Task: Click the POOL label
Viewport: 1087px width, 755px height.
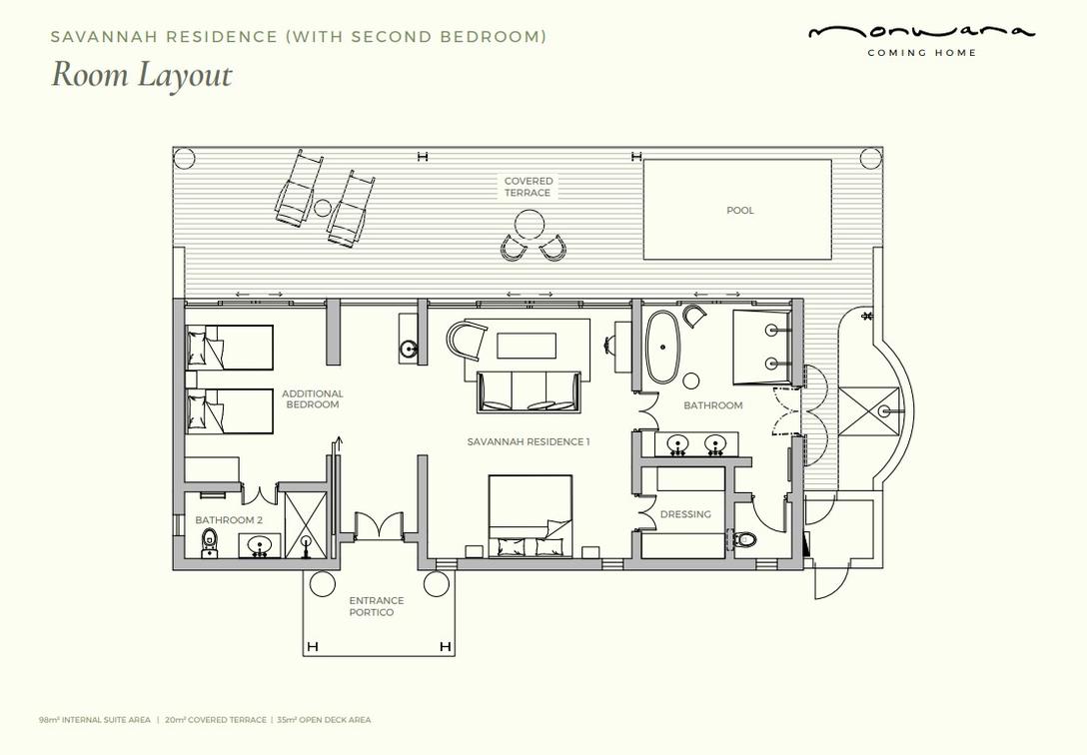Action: [x=739, y=210]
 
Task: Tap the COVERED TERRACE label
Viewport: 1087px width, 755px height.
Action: [x=529, y=187]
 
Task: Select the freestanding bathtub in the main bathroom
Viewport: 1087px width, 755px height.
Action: [x=663, y=347]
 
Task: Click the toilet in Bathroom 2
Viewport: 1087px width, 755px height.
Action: [x=210, y=542]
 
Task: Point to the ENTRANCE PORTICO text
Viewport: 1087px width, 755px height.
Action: [x=377, y=607]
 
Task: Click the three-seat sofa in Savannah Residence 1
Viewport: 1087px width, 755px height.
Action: [x=529, y=392]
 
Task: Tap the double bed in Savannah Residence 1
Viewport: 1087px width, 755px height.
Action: [x=531, y=516]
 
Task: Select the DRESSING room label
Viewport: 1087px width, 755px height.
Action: [x=685, y=514]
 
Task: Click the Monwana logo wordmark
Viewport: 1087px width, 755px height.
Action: [x=921, y=33]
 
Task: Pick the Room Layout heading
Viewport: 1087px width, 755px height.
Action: [x=142, y=74]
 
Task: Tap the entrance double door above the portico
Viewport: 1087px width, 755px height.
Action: [x=379, y=524]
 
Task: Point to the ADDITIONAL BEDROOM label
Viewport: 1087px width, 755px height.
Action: [x=313, y=399]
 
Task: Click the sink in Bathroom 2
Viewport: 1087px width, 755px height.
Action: [x=260, y=544]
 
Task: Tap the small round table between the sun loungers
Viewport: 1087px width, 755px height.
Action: [x=323, y=207]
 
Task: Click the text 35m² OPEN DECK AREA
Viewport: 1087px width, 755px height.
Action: [x=324, y=720]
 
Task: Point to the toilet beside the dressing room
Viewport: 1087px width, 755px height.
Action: [x=742, y=538]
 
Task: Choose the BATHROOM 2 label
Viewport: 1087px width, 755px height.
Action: [x=229, y=519]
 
